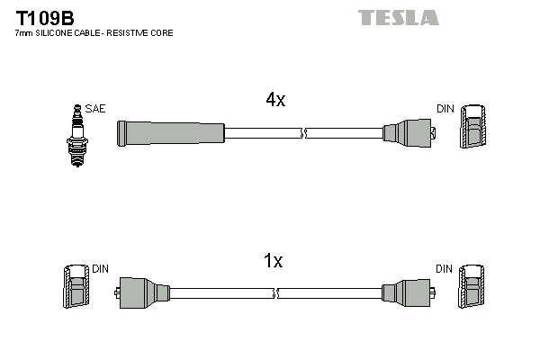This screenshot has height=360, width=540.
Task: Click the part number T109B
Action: [x=44, y=16]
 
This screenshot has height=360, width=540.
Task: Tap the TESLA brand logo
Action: [x=398, y=17]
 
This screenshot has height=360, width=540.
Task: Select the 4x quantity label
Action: [x=275, y=101]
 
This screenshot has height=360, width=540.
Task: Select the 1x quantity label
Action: [x=273, y=262]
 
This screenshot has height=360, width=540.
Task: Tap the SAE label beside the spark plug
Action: [x=94, y=109]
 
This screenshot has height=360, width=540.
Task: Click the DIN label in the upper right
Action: [x=445, y=109]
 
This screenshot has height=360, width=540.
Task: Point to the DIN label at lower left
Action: [x=100, y=269]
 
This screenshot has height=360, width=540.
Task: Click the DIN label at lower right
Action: [x=445, y=269]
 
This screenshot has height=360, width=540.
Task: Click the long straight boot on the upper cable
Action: [x=170, y=133]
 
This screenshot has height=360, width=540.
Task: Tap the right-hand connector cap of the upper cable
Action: [x=409, y=133]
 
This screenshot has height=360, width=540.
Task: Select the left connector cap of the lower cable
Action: [x=143, y=293]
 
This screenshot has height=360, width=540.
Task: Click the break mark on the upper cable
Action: [x=303, y=133]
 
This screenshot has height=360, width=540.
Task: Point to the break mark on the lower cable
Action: [x=276, y=293]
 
